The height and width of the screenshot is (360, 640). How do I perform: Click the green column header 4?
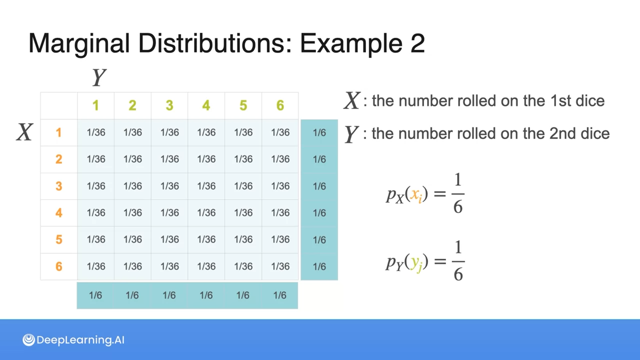click(x=206, y=106)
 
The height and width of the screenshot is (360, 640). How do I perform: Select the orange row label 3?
click(x=59, y=186)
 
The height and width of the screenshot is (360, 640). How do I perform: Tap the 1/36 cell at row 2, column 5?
click(x=243, y=159)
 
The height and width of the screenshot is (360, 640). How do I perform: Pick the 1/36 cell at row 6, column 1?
click(x=96, y=266)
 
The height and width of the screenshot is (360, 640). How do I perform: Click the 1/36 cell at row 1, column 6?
click(x=280, y=133)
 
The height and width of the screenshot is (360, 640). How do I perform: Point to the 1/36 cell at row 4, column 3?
click(x=170, y=213)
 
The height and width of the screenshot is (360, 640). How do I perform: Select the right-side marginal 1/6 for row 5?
click(x=319, y=240)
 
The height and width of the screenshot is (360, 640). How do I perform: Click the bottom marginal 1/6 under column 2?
click(x=132, y=295)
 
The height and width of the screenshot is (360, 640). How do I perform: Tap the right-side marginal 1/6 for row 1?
click(x=319, y=133)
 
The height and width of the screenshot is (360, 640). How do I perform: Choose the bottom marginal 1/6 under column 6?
click(x=280, y=295)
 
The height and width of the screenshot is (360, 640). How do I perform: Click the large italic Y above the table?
click(x=99, y=77)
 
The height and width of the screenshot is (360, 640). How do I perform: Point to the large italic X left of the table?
click(x=25, y=132)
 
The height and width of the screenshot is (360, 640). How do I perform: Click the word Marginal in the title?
click(x=79, y=43)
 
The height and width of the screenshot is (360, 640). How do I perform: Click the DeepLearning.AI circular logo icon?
click(x=29, y=340)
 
